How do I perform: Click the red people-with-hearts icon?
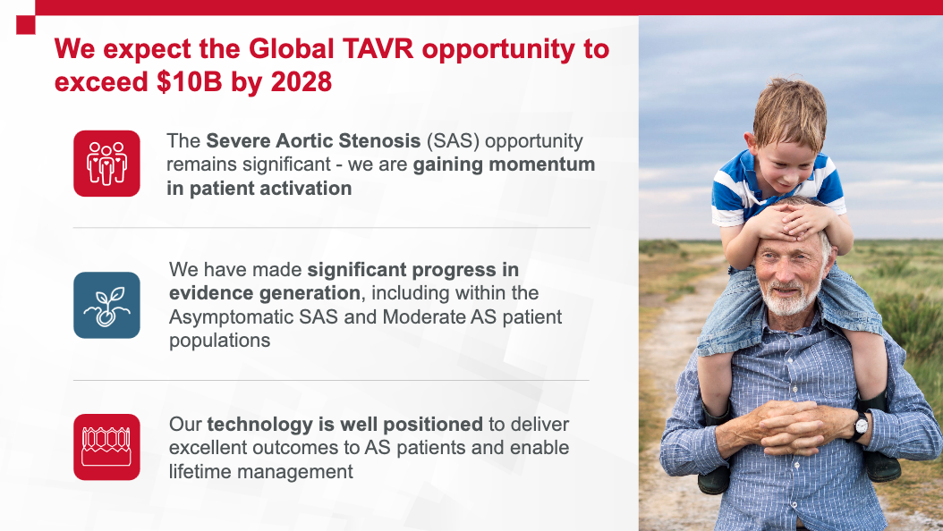[x=106, y=164]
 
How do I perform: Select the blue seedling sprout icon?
[x=106, y=305]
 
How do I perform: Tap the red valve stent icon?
[x=106, y=447]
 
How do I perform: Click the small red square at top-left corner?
[x=26, y=25]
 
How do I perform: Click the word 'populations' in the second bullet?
[x=219, y=341]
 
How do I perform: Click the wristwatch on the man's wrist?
[x=862, y=425]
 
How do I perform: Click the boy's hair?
[x=790, y=112]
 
